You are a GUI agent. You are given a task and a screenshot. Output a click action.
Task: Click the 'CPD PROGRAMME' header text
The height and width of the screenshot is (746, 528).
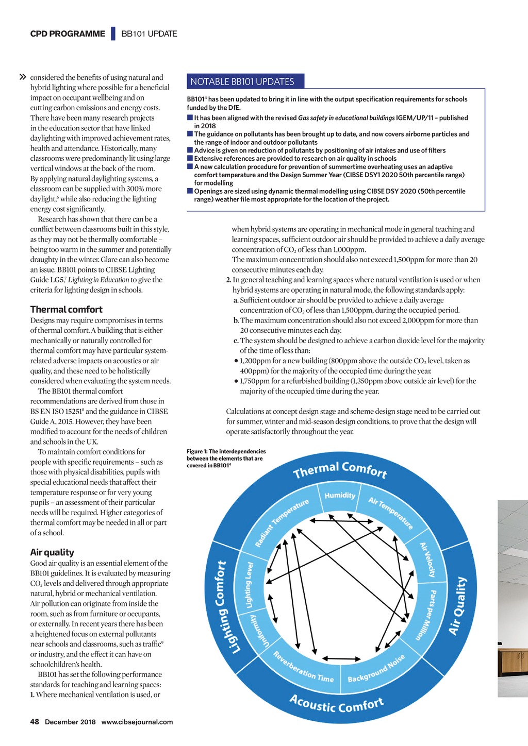click(68, 34)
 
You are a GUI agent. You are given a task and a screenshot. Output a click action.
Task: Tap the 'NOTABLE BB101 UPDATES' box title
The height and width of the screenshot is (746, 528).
click(242, 81)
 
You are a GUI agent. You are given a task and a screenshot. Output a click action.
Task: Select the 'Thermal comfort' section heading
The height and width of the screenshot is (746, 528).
click(67, 309)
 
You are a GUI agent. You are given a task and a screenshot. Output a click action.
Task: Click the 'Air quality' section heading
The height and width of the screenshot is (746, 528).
click(52, 552)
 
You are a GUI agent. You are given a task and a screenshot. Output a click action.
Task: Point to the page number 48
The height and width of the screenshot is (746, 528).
click(35, 722)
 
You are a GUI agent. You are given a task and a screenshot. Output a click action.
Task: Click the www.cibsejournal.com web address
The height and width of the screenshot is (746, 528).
click(137, 722)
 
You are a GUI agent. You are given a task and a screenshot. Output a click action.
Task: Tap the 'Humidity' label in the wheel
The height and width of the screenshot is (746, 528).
click(340, 495)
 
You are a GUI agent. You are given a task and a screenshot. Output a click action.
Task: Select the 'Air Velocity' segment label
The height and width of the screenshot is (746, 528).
click(427, 559)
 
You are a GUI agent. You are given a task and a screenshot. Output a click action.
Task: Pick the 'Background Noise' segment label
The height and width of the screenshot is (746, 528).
click(376, 669)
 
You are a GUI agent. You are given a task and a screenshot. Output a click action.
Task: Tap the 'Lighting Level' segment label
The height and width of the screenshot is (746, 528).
click(249, 585)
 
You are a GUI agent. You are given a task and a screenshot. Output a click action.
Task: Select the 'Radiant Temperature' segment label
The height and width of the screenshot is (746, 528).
click(282, 523)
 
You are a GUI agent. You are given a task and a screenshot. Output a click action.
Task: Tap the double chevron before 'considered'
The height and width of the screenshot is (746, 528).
click(22, 77)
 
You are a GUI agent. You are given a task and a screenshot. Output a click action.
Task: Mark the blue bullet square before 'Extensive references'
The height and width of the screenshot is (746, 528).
click(190, 158)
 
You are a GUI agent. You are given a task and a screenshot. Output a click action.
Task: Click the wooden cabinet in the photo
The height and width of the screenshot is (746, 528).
click(513, 662)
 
